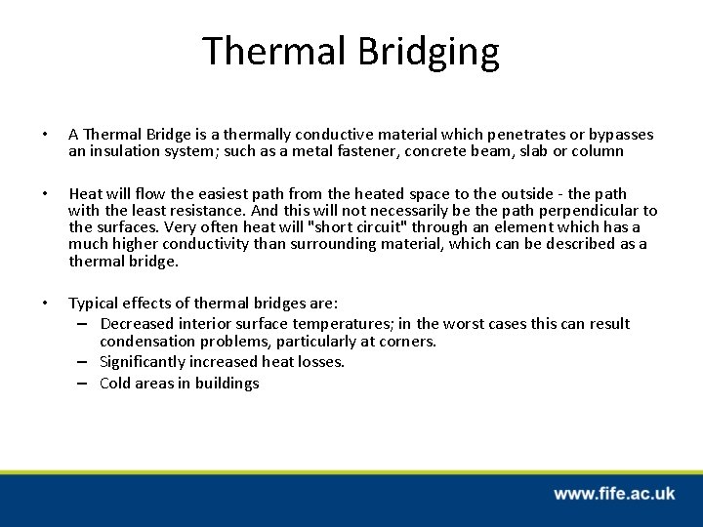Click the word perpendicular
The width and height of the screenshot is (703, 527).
coord(592,210)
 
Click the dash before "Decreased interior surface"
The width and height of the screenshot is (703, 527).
coord(85,323)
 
